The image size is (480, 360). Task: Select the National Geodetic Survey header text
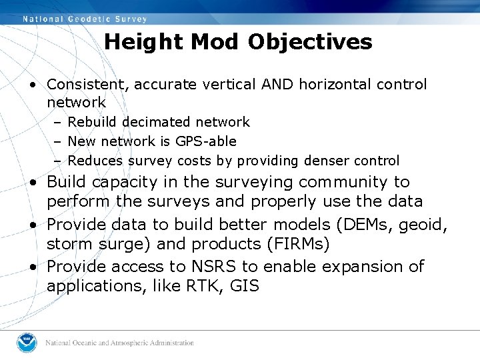tap(85, 19)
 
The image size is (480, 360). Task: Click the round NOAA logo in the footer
tap(27, 343)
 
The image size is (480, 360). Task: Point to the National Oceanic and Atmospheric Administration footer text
tap(119, 343)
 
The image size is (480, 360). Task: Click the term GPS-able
tap(206, 141)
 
